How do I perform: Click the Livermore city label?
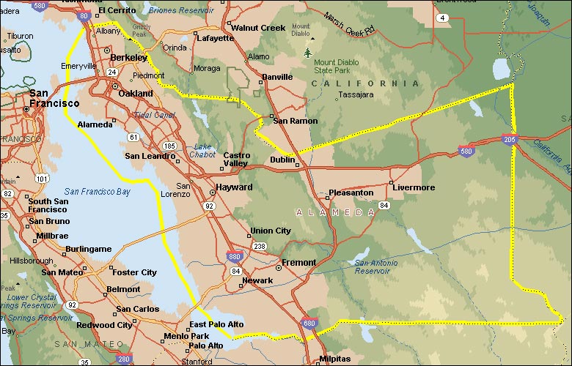point(414,187)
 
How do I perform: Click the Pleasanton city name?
point(351,193)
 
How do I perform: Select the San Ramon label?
point(295,121)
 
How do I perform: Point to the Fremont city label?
point(298,262)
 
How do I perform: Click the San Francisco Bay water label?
point(97,192)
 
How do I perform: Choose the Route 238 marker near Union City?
point(260,247)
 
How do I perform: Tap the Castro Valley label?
point(236,160)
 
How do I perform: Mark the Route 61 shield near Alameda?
point(133,137)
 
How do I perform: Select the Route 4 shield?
point(443,18)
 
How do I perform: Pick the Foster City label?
point(134,272)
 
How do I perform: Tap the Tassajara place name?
point(356,94)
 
